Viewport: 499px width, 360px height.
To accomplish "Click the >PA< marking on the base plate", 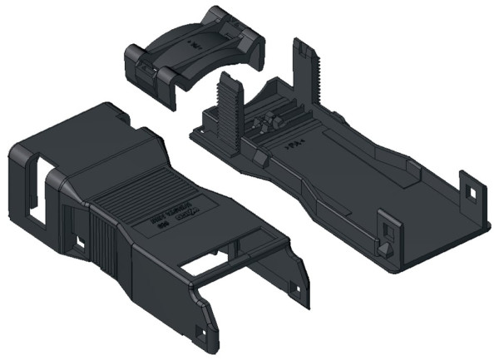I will click(294, 145).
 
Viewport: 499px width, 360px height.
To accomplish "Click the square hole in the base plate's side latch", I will click(388, 227).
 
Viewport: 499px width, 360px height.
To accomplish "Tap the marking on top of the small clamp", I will click(197, 40).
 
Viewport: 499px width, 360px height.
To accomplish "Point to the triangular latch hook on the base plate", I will click(384, 247).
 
